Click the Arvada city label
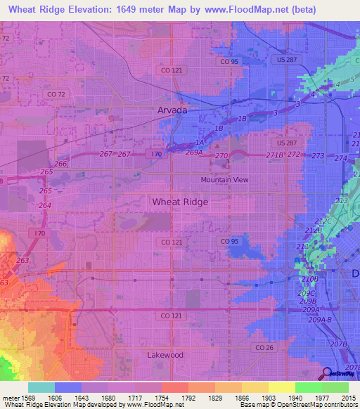click(172, 111)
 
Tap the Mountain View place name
click(224, 180)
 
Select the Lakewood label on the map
click(165, 355)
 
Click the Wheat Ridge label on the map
click(180, 202)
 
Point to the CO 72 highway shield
click(55, 94)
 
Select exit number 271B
click(274, 155)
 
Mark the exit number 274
click(340, 158)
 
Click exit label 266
click(61, 164)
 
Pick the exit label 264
click(44, 205)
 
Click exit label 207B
click(338, 344)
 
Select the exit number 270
click(221, 155)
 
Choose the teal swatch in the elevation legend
click(41, 387)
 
